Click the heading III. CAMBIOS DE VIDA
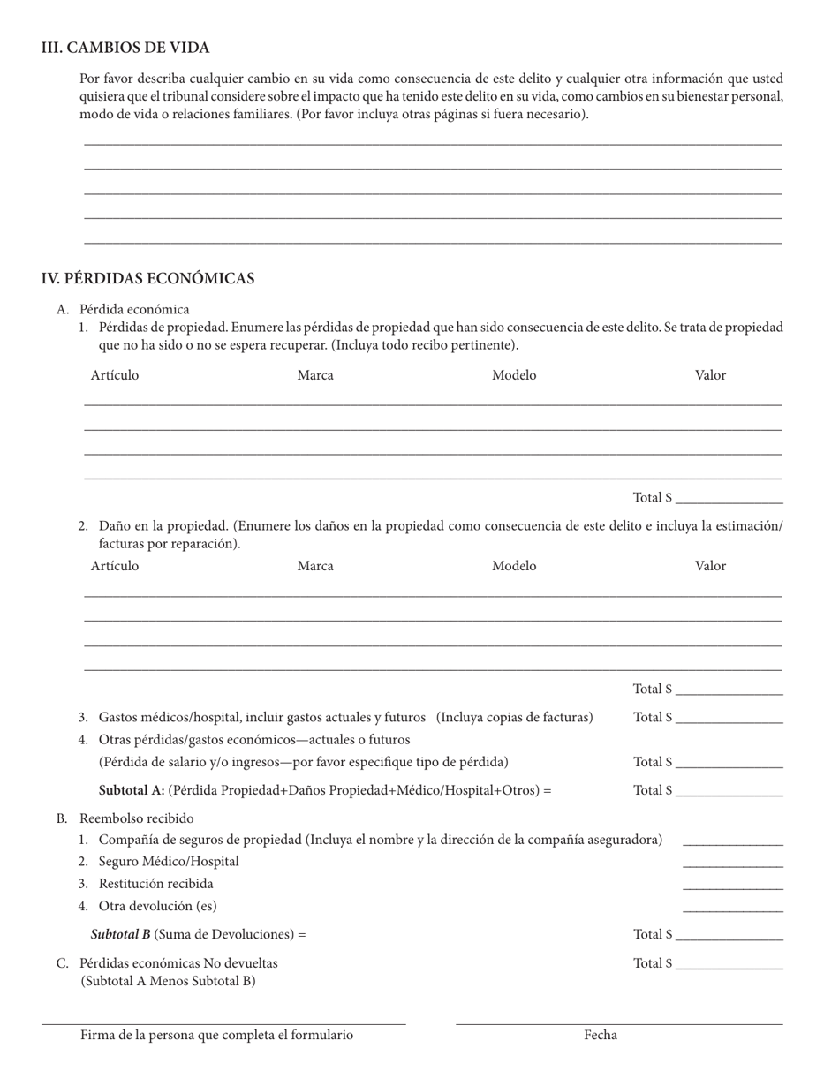pyautogui.click(x=125, y=48)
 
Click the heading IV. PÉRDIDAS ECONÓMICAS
pyautogui.click(x=147, y=279)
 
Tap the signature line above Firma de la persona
pyautogui.click(x=223, y=1022)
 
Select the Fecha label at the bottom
pyautogui.click(x=601, y=1036)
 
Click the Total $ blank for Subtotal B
pyautogui.click(x=729, y=936)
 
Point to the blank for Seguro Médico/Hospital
pyautogui.click(x=733, y=864)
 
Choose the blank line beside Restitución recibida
pyautogui.click(x=733, y=886)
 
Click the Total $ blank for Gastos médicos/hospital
pyautogui.click(x=729, y=719)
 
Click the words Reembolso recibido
pyautogui.click(x=137, y=818)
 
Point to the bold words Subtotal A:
pyautogui.click(x=132, y=790)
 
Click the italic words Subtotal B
pyautogui.click(x=121, y=934)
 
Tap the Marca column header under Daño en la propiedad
pyautogui.click(x=315, y=566)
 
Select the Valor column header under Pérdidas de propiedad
pyautogui.click(x=710, y=375)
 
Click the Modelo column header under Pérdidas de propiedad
pyautogui.click(x=514, y=375)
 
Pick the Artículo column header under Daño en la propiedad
pyautogui.click(x=115, y=566)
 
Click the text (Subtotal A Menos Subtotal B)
pyautogui.click(x=168, y=981)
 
